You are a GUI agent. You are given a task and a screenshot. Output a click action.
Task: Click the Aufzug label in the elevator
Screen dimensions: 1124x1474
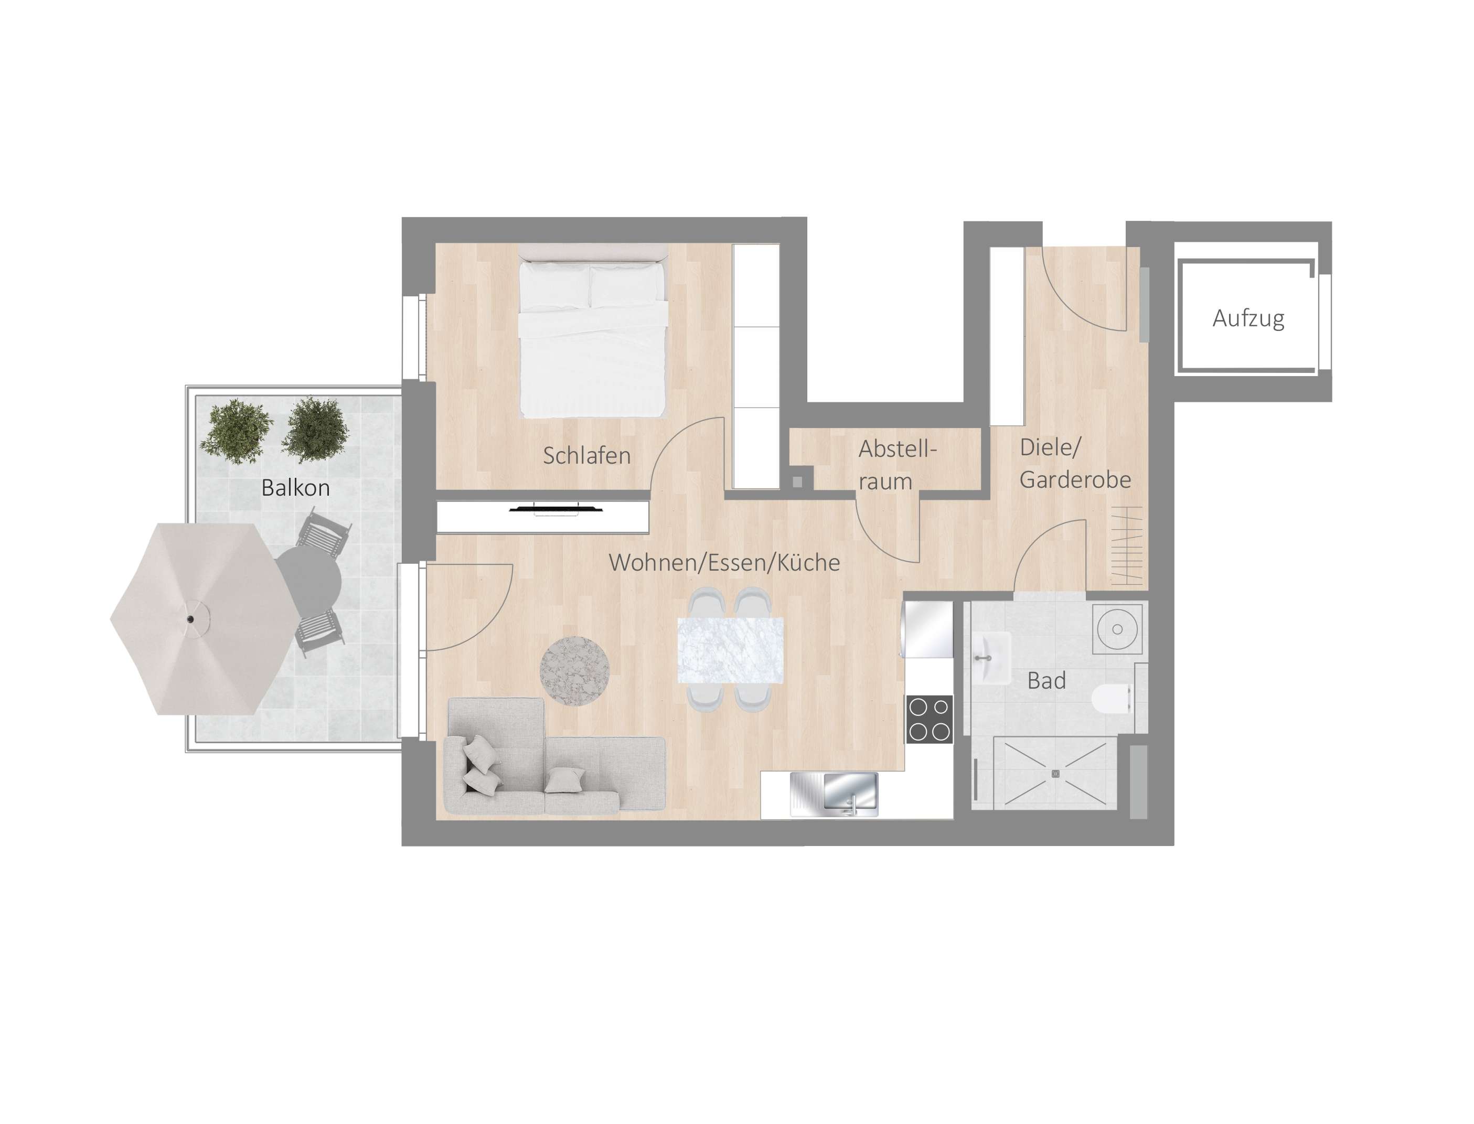pos(1248,318)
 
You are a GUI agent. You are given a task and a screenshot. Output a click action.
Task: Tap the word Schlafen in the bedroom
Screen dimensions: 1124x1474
pos(586,456)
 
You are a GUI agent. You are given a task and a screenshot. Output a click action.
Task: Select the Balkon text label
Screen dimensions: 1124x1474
pos(295,488)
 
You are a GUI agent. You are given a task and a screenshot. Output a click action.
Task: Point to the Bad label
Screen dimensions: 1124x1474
pos(1046,681)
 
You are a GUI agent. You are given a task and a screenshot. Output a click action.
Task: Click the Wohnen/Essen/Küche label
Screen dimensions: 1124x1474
pos(724,563)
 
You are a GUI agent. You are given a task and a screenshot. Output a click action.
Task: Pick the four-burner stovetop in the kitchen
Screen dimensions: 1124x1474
pos(928,719)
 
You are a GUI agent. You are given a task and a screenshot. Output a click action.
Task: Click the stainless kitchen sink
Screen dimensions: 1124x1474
pos(834,794)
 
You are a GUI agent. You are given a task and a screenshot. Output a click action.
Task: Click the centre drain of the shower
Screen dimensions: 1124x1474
pos(1055,774)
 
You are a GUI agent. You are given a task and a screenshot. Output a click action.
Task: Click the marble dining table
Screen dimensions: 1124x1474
pos(730,650)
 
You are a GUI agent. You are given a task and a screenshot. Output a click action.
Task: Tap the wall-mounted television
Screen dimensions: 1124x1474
pos(556,509)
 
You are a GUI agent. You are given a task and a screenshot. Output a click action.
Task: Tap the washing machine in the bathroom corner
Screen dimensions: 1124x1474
pos(1117,629)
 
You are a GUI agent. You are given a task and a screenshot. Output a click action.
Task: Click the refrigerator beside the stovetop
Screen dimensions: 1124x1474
pos(928,629)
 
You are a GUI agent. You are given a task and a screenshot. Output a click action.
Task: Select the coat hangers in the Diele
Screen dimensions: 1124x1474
pos(1127,545)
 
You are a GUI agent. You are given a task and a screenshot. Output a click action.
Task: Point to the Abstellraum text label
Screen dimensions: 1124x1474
pos(896,464)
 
